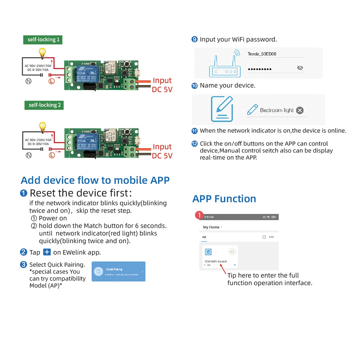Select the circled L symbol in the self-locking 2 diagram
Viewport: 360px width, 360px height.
click(52, 155)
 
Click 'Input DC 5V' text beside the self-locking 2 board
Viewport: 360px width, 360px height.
click(162, 151)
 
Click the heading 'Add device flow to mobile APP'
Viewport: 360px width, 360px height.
click(95, 180)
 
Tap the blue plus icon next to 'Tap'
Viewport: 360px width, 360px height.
click(47, 252)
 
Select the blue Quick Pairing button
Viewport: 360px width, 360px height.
click(118, 271)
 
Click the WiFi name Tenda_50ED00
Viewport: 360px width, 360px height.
click(262, 54)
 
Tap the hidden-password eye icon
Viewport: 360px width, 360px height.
click(300, 68)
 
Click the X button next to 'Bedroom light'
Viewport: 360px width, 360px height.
click(300, 111)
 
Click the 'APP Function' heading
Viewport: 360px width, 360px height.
click(224, 199)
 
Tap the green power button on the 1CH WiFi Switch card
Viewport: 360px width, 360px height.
click(232, 252)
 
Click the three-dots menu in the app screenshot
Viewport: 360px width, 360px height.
click(271, 237)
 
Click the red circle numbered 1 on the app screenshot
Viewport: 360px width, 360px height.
click(198, 215)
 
